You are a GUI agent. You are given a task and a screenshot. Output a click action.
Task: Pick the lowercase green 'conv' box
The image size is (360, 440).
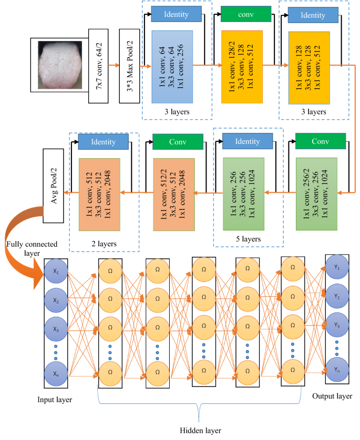point(246,14)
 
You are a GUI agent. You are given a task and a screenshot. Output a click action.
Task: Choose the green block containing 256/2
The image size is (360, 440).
point(317,186)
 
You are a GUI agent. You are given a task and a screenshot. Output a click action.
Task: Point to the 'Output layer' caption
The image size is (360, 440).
point(333,395)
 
